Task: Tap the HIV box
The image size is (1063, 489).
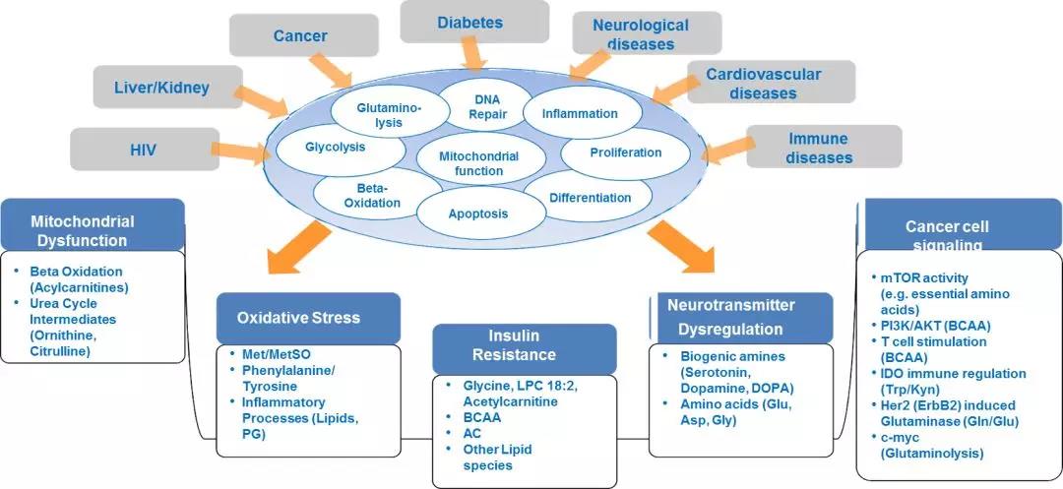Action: coord(142,150)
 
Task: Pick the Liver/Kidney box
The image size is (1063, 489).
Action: coord(167,88)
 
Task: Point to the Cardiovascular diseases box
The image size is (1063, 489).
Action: coord(762,84)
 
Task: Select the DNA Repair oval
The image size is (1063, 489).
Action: coord(487,106)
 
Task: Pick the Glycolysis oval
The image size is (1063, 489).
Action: coord(335,147)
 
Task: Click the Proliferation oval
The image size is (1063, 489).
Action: coord(625,153)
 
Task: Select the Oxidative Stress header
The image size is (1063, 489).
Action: coord(308,318)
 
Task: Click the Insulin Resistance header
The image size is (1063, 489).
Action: coord(525,345)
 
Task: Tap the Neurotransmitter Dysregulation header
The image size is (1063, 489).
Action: coord(741,317)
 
